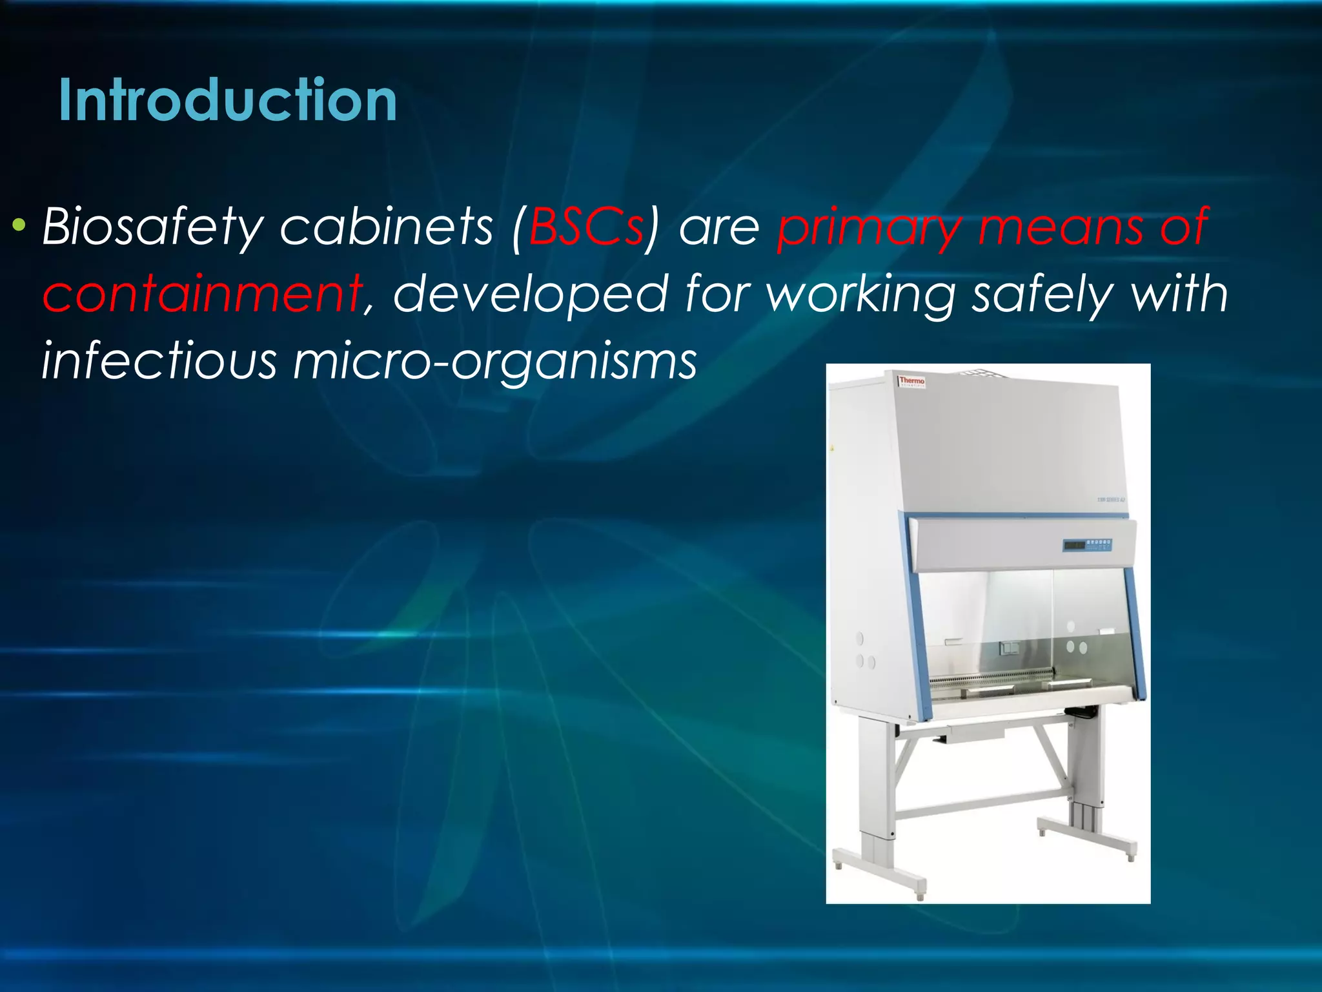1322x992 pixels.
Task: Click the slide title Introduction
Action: coord(227,101)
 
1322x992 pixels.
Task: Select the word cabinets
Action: coord(386,227)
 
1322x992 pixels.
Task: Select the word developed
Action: coord(529,294)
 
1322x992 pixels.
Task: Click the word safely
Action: coord(1043,294)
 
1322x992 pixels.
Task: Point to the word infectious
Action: coord(159,360)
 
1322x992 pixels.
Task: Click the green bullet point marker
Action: coord(19,225)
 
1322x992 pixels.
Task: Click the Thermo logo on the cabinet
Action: coord(911,381)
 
